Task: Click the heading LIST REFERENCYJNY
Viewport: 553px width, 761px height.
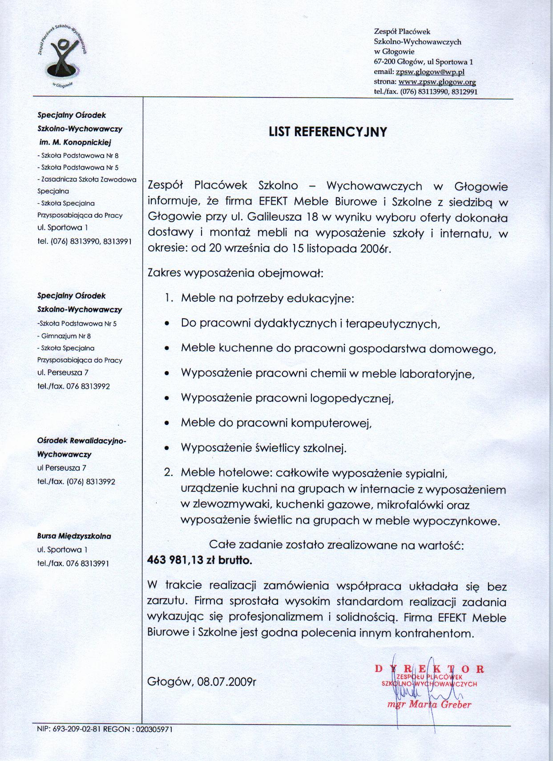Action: pyautogui.click(x=328, y=132)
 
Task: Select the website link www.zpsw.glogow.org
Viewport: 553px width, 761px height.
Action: pyautogui.click(x=437, y=82)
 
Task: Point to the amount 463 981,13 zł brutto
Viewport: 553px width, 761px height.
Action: pyautogui.click(x=199, y=561)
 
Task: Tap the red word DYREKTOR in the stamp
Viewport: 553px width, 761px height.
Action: pyautogui.click(x=429, y=668)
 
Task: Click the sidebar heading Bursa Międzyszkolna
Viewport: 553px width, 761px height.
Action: pyautogui.click(x=74, y=536)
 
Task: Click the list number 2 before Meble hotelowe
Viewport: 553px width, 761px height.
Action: pyautogui.click(x=168, y=472)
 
